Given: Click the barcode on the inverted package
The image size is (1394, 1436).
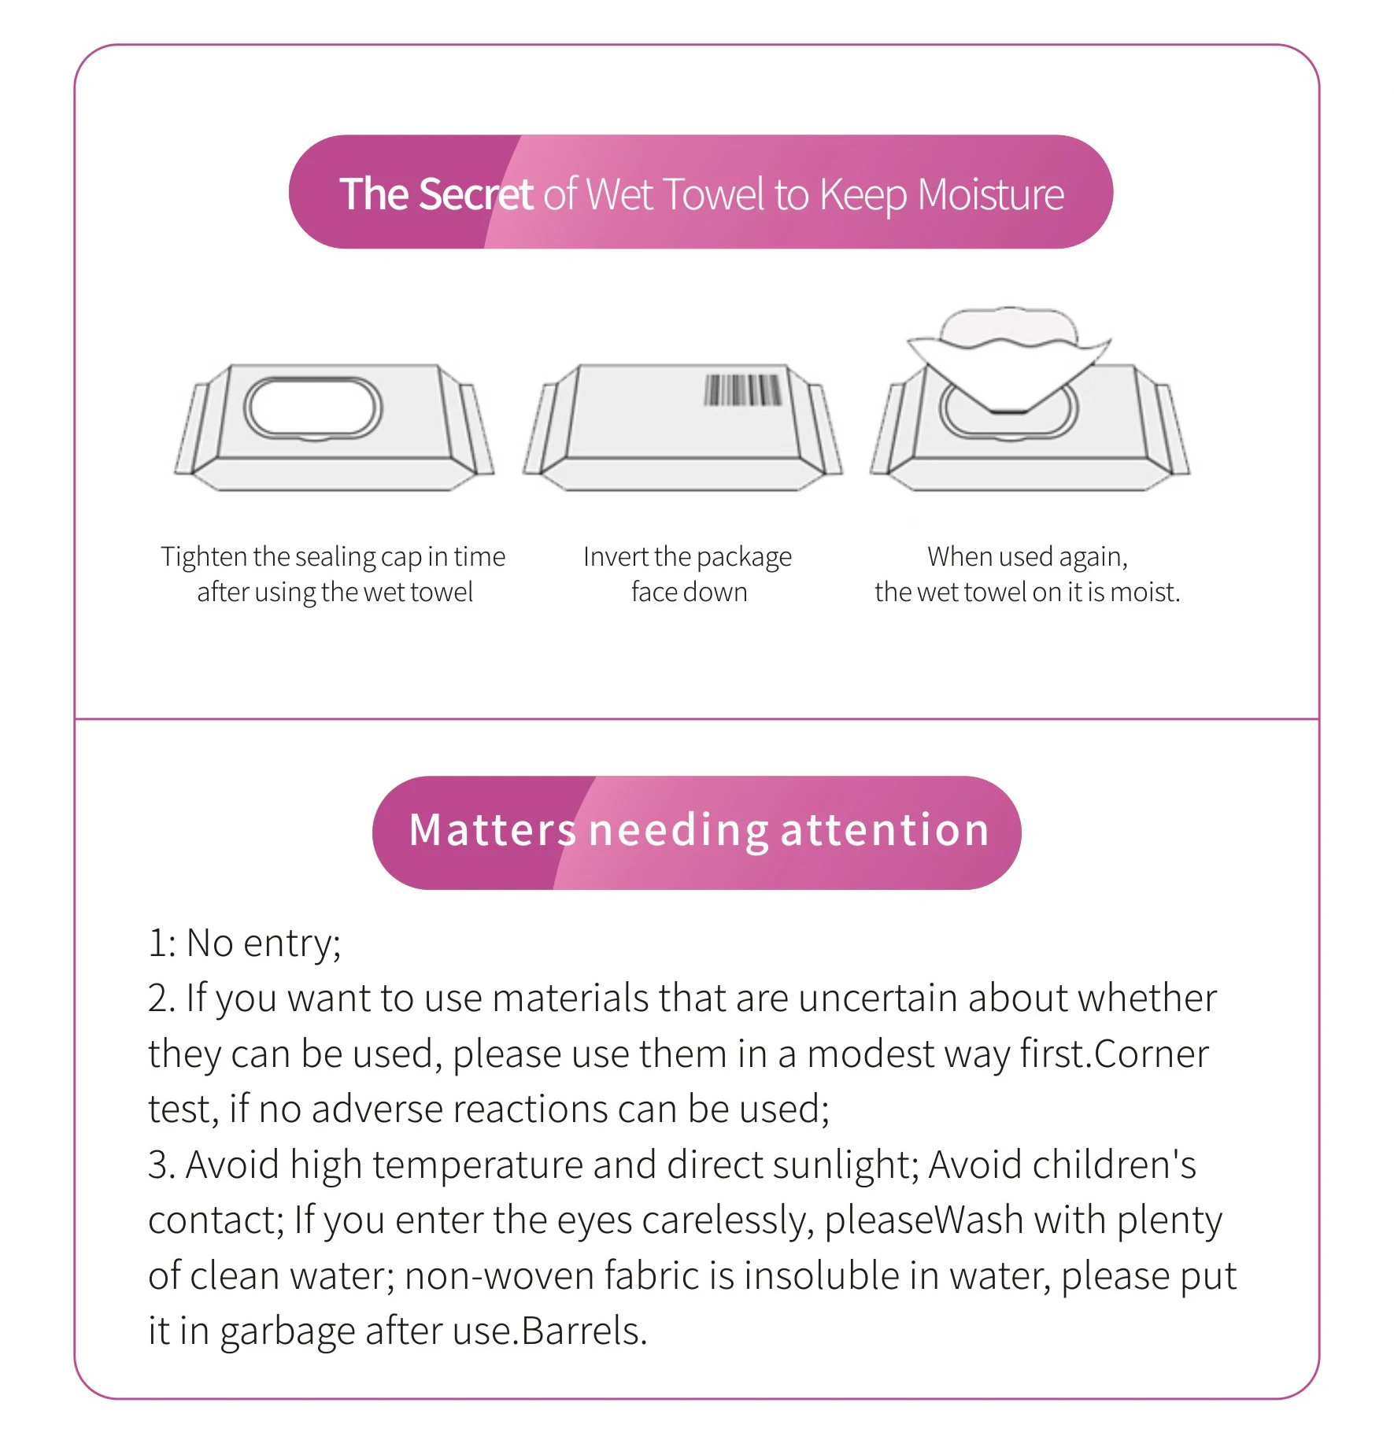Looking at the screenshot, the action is coord(742,389).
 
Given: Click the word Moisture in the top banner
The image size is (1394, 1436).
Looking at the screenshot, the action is coord(991,194).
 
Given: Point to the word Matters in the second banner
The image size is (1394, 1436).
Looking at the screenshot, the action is coord(493,830).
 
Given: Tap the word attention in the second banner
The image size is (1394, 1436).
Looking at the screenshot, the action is coord(885,830).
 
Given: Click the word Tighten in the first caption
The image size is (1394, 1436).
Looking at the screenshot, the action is coord(204,556).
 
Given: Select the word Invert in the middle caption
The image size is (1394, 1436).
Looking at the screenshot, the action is coord(616,556).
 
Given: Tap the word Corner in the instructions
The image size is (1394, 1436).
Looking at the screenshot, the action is coord(1152,1054).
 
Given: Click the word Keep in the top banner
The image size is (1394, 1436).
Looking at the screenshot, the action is coord(863,195).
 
